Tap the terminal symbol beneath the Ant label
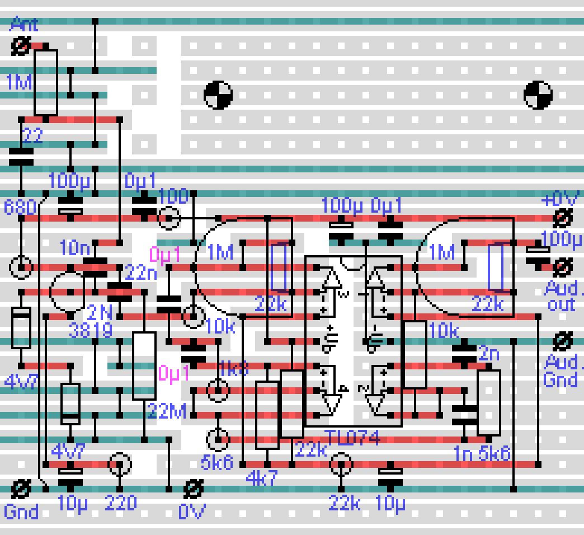(21, 46)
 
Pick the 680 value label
(20, 207)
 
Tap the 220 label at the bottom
(121, 503)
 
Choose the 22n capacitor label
(142, 273)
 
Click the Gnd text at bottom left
(21, 511)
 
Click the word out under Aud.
(561, 305)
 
